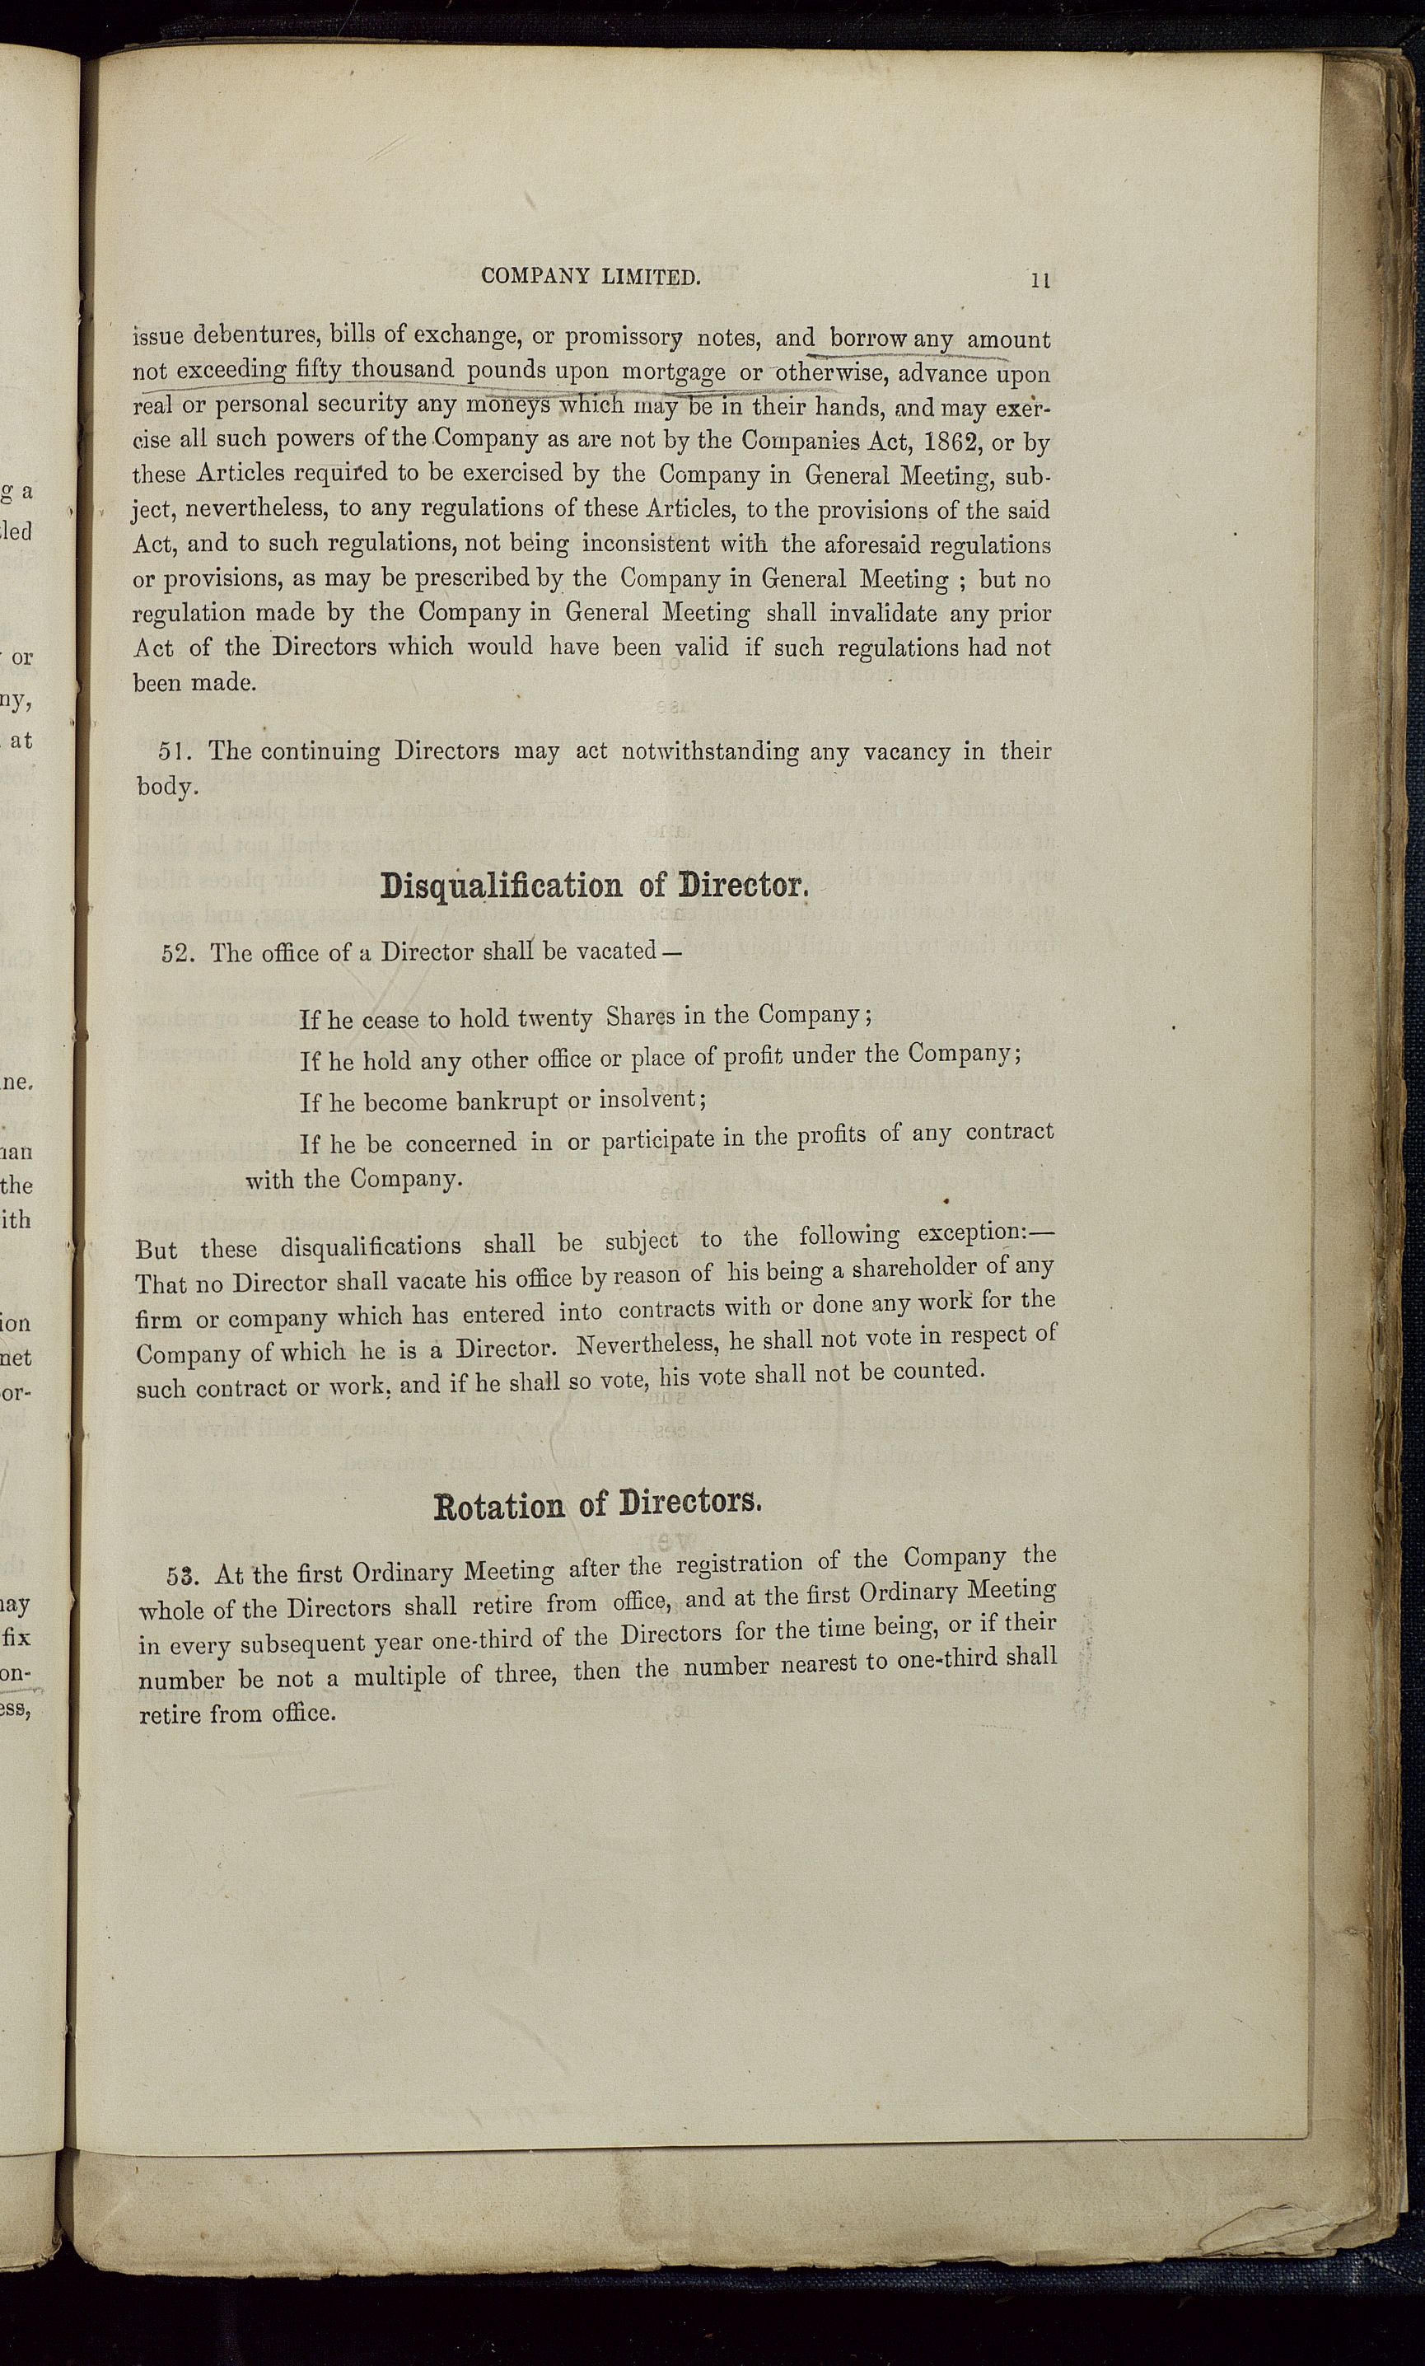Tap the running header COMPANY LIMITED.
pos(591,278)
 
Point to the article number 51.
pos(177,750)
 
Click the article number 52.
pos(180,953)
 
